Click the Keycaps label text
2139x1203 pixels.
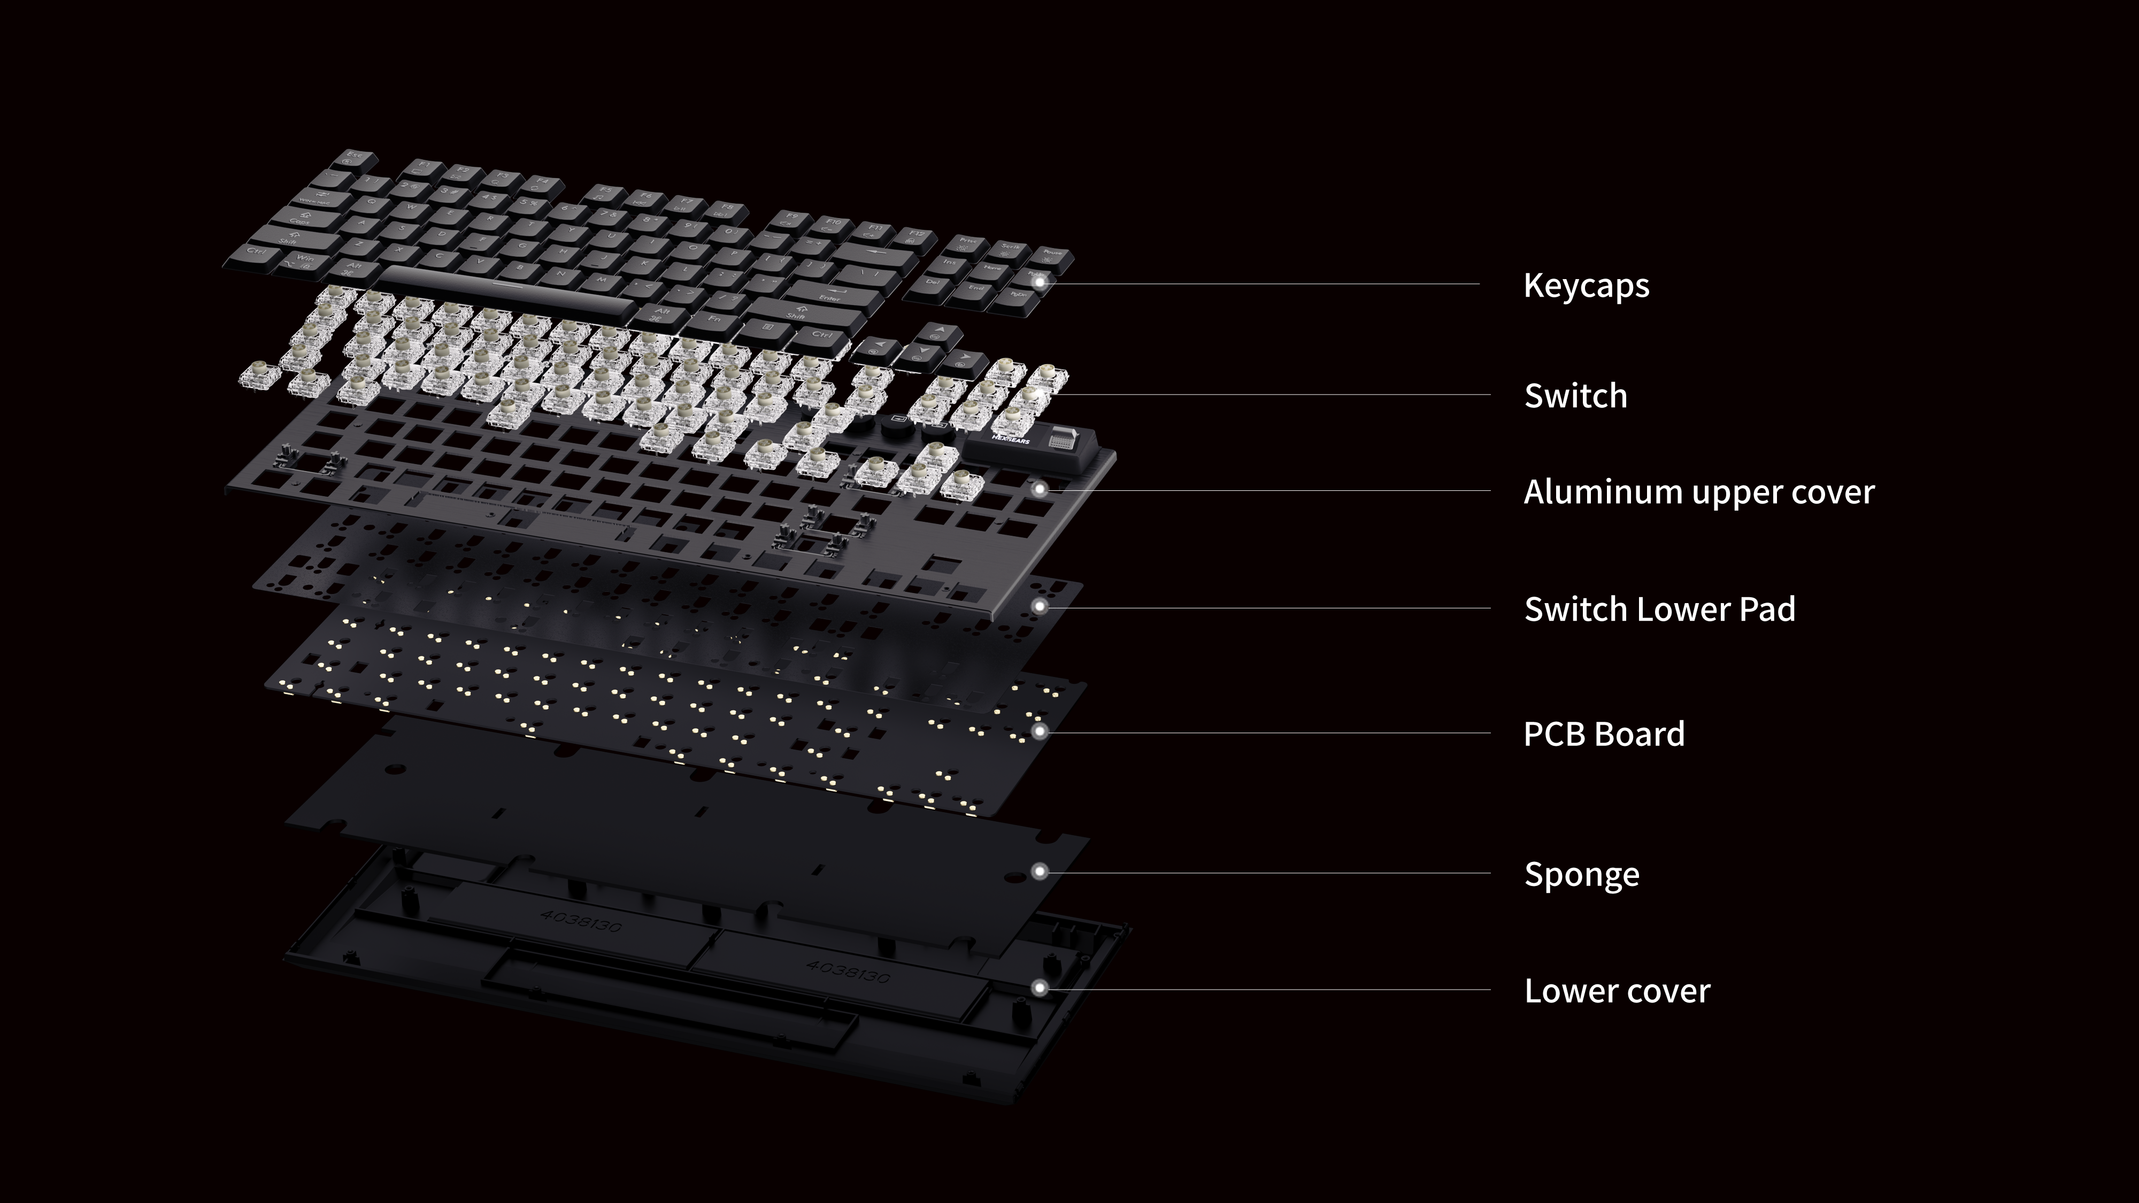click(1586, 286)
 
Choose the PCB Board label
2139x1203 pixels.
click(1603, 734)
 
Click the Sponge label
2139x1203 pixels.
click(1581, 874)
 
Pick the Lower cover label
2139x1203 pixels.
click(1617, 990)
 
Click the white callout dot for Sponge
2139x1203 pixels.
click(1039, 871)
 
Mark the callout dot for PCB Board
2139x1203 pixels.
click(1039, 731)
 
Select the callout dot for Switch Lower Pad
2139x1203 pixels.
click(1039, 607)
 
